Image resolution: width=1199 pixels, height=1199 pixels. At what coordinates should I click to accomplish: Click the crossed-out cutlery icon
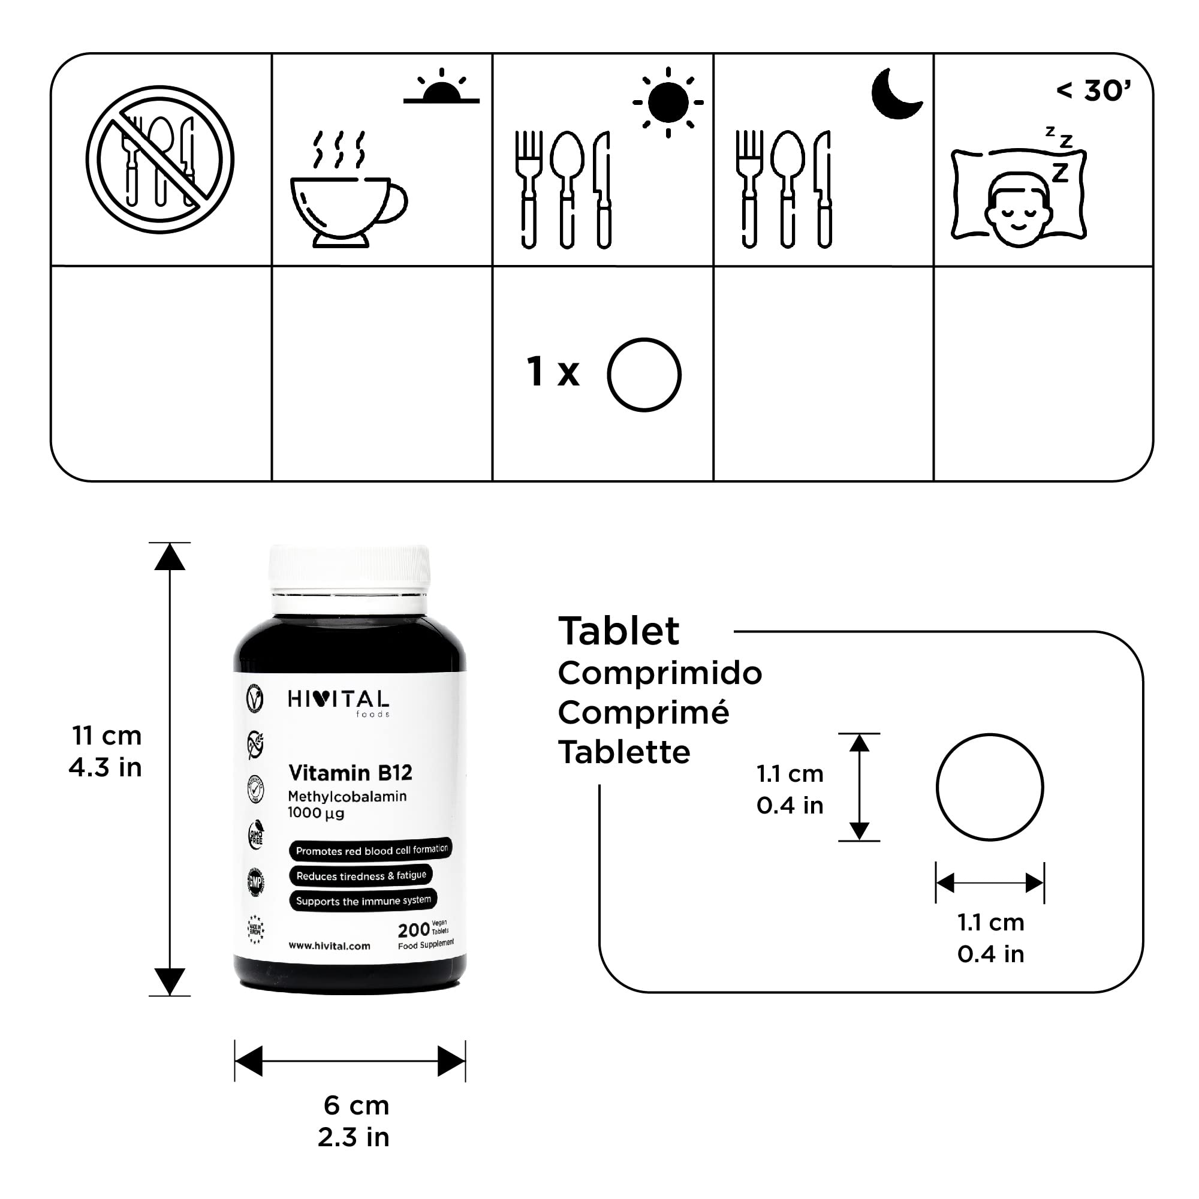tap(159, 159)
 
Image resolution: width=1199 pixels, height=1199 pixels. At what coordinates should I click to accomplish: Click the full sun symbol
tap(668, 103)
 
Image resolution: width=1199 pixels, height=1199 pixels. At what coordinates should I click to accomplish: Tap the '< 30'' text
tap(1093, 91)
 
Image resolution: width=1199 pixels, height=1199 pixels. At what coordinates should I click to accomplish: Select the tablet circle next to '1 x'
tap(644, 374)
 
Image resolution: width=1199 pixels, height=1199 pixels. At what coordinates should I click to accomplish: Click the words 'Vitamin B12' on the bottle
tap(350, 773)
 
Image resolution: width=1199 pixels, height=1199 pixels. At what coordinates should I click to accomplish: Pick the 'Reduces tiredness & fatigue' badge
tap(360, 875)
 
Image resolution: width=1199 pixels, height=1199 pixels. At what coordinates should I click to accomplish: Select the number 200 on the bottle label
tap(413, 930)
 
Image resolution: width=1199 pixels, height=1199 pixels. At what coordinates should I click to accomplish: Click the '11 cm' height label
tap(107, 736)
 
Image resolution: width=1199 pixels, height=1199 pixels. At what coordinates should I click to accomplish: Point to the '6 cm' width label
tap(356, 1105)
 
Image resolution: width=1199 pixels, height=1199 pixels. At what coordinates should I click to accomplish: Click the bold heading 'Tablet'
tap(619, 631)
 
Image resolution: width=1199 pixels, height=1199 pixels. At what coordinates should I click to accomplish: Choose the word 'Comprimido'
tap(659, 673)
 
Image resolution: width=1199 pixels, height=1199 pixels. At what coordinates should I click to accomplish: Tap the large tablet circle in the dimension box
tap(989, 787)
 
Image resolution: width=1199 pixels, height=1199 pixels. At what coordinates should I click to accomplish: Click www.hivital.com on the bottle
tap(329, 946)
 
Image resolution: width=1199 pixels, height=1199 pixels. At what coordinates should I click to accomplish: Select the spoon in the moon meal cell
tap(787, 186)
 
